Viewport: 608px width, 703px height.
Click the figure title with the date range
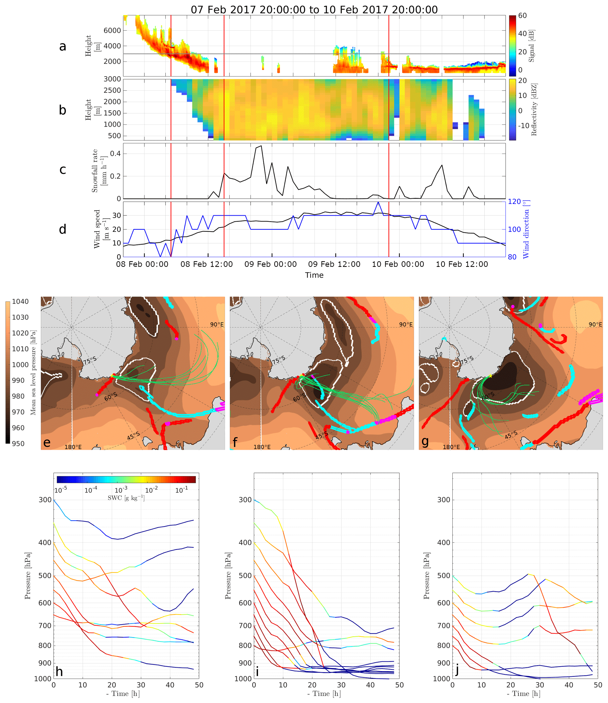point(314,9)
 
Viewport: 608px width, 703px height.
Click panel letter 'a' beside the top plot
point(62,46)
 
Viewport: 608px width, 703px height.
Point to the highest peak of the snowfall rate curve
point(261,146)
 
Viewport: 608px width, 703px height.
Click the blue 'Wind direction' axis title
point(526,230)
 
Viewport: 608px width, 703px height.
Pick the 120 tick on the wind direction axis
point(514,202)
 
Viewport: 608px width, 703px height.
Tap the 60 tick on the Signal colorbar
point(522,16)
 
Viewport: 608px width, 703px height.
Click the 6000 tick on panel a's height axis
point(112,31)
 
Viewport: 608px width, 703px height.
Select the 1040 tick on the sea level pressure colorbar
point(20,301)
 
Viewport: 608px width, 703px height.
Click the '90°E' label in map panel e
point(217,325)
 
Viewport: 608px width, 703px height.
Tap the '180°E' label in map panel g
point(451,447)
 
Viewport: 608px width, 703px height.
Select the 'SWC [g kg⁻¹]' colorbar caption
point(126,498)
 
